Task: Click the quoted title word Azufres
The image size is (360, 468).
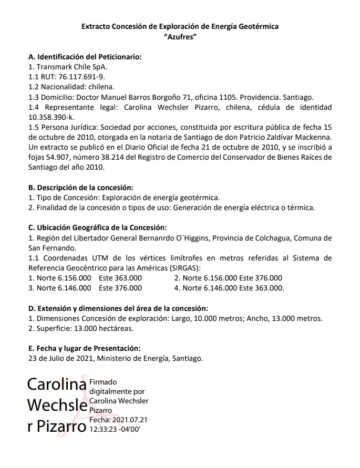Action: click(x=180, y=36)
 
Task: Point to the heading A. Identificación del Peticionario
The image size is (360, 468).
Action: click(x=85, y=57)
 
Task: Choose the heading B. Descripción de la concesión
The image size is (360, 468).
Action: click(x=80, y=188)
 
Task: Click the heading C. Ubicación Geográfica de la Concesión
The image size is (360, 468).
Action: click(x=97, y=227)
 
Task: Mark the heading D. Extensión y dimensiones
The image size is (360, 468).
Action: click(x=118, y=308)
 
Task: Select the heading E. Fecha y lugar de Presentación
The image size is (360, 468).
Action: click(x=84, y=348)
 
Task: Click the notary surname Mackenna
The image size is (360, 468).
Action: click(x=312, y=137)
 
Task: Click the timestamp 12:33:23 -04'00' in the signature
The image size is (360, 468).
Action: click(x=119, y=429)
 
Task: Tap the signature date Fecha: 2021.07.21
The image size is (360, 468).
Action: click(x=119, y=420)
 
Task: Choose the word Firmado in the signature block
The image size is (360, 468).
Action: click(x=104, y=382)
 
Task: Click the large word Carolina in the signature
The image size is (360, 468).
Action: click(x=57, y=384)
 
